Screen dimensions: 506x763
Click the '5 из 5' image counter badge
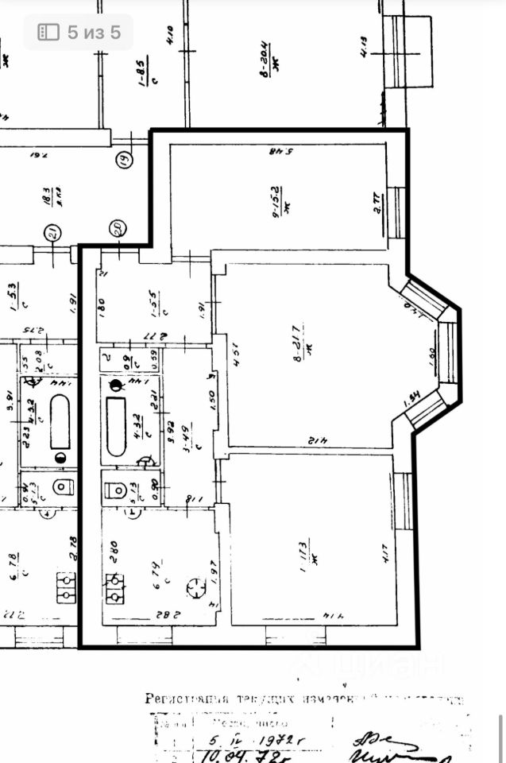[x=78, y=32]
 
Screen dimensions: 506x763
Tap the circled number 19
[x=123, y=160]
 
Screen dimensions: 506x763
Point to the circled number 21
[x=52, y=233]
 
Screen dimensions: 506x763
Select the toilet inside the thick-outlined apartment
[x=118, y=489]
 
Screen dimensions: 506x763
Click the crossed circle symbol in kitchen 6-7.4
[x=195, y=588]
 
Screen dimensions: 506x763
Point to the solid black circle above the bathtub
[x=117, y=387]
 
